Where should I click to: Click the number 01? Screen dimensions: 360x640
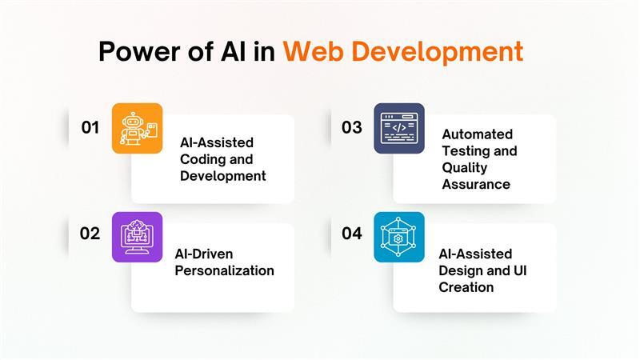[90, 127]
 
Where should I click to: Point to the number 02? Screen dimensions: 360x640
[90, 234]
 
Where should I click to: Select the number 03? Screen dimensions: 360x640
[352, 127]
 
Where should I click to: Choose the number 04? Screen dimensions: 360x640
[352, 234]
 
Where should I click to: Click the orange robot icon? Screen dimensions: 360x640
[137, 128]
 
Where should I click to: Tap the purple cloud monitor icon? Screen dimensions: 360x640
[137, 237]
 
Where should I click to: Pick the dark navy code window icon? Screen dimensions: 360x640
[399, 128]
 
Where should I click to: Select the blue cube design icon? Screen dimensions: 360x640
[399, 237]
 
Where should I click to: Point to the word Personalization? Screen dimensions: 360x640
[224, 270]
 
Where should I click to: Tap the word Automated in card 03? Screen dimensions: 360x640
[478, 134]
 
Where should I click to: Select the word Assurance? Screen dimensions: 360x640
[476, 185]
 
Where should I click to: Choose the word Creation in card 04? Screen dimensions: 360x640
[466, 287]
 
